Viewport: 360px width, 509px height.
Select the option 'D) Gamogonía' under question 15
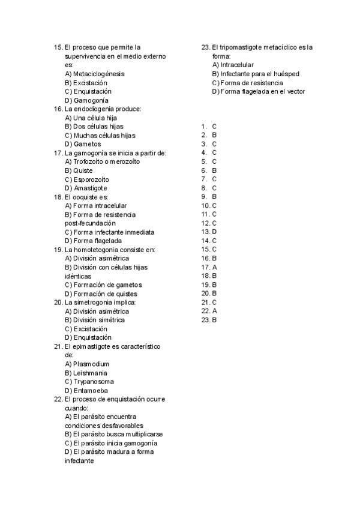[x=86, y=100]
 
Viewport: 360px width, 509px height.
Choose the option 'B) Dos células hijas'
[x=94, y=127]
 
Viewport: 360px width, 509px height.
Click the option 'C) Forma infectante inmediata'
[x=109, y=232]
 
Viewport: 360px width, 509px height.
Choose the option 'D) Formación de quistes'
[x=101, y=294]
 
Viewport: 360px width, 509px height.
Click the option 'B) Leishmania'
[x=86, y=373]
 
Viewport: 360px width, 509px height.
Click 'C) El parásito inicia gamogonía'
[x=106, y=443]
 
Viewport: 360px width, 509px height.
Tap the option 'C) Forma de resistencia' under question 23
[x=247, y=83]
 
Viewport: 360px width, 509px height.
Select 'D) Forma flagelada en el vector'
[x=258, y=91]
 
